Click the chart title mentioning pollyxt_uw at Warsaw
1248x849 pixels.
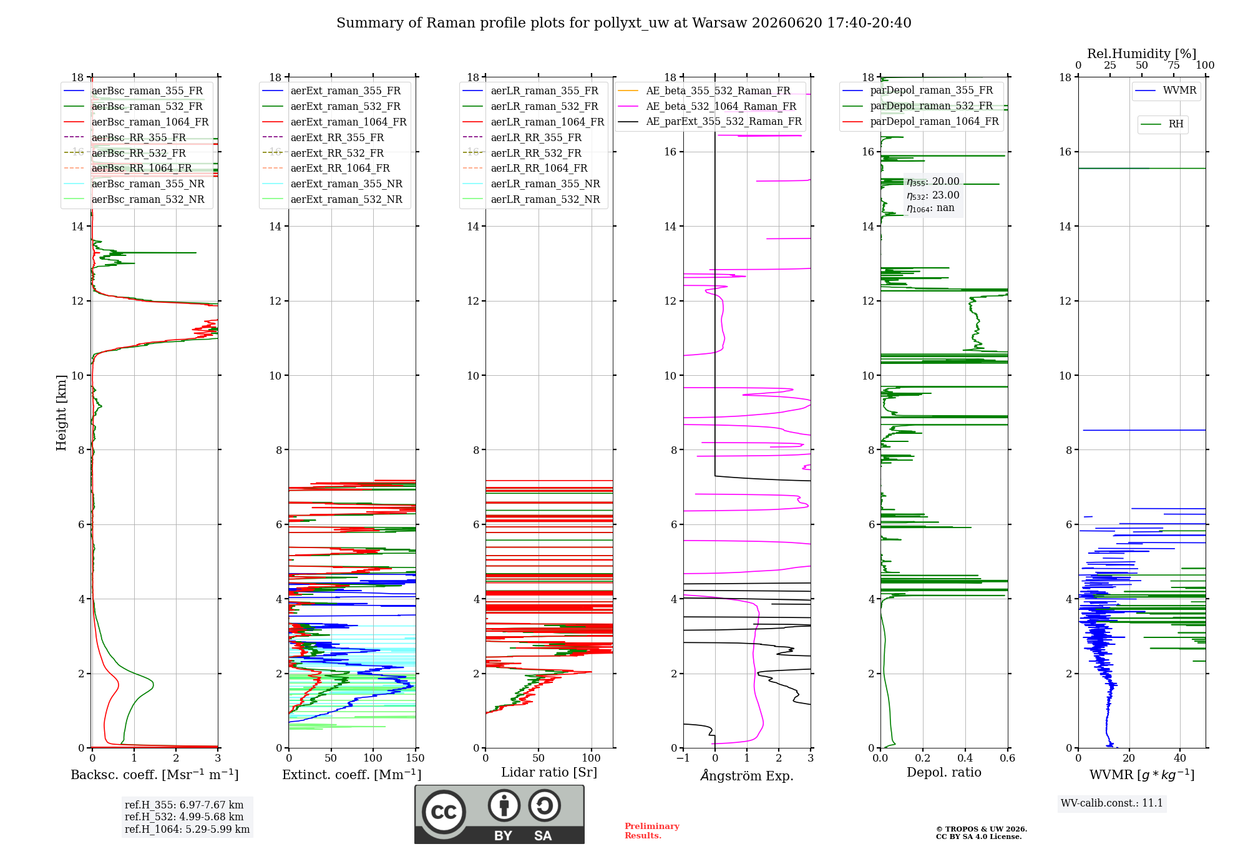click(x=624, y=23)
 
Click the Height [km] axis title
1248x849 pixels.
click(x=61, y=413)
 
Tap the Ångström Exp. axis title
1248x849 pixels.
click(x=747, y=775)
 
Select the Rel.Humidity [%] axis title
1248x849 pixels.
click(x=1142, y=54)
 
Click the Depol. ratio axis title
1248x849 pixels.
click(x=944, y=772)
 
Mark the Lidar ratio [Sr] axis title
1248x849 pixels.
click(x=549, y=773)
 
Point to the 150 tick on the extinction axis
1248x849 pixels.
click(x=415, y=758)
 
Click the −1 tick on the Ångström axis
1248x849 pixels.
click(x=683, y=758)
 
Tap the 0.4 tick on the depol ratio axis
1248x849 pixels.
click(x=965, y=758)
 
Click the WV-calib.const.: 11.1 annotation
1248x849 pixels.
click(x=1112, y=803)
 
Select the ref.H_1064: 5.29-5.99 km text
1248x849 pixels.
click(x=187, y=830)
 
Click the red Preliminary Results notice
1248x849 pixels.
click(x=652, y=831)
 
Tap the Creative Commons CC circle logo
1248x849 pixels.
click(x=444, y=812)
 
